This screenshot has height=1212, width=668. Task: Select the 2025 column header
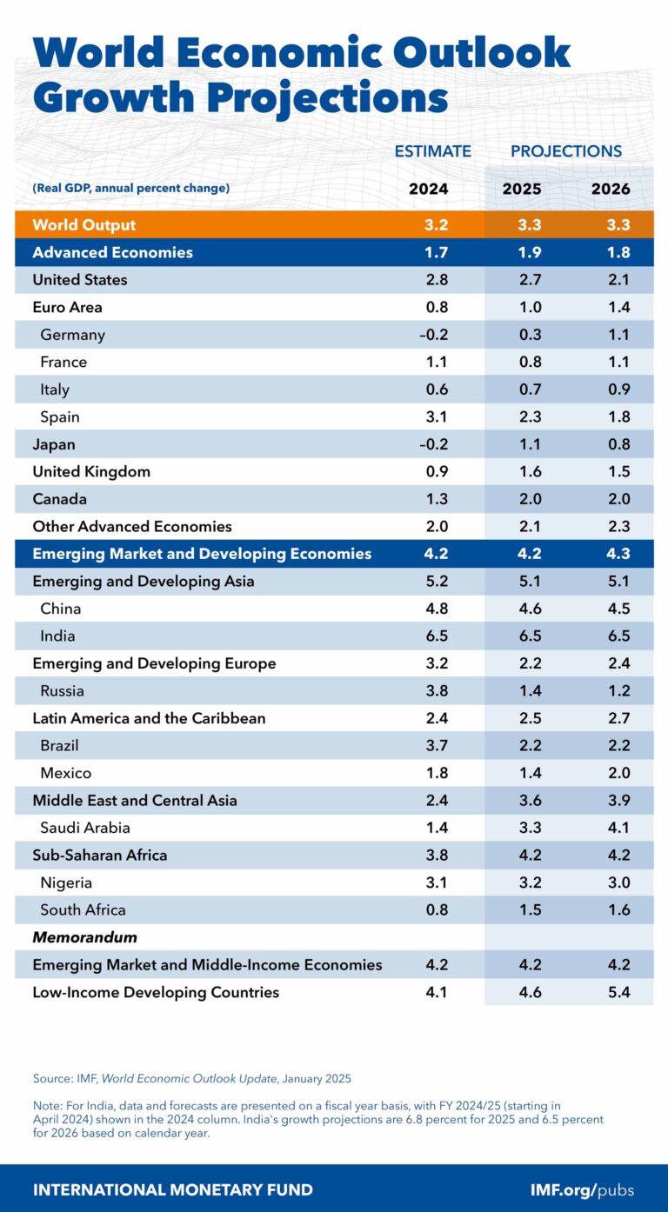click(x=522, y=189)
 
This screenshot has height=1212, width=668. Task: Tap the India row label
click(x=57, y=636)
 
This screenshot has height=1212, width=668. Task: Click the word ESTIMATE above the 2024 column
click(x=432, y=151)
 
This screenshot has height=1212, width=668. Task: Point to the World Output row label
click(x=84, y=225)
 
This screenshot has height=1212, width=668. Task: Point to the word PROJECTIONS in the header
click(x=566, y=151)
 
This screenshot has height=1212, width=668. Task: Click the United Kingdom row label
click(x=91, y=472)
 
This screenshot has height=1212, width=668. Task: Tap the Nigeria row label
click(x=66, y=882)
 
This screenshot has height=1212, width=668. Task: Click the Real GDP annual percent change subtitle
click(x=131, y=189)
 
